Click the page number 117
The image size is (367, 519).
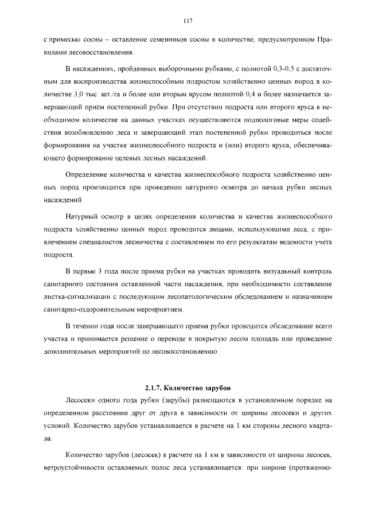pyautogui.click(x=187, y=21)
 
